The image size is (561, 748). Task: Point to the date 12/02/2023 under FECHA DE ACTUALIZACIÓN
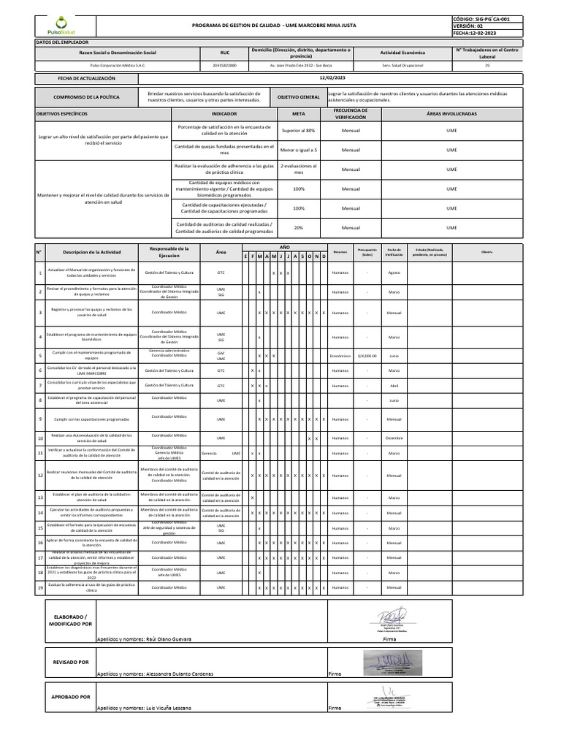click(332, 77)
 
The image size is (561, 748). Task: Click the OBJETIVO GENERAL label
click(299, 97)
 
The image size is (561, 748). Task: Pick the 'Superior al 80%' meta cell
click(299, 130)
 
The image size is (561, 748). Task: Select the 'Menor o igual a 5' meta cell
click(299, 150)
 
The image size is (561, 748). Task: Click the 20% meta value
click(299, 228)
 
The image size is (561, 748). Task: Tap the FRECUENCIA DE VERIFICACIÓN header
click(351, 114)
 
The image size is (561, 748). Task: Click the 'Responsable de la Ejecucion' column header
click(169, 252)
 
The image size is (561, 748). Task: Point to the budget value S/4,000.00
click(367, 356)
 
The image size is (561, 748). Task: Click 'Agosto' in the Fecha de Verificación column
click(394, 272)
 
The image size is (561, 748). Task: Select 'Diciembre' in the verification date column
click(394, 438)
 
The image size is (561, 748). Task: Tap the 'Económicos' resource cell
click(340, 356)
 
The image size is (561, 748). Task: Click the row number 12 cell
click(40, 476)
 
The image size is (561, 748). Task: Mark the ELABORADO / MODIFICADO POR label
click(70, 621)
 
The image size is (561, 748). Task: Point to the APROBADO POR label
click(70, 698)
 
